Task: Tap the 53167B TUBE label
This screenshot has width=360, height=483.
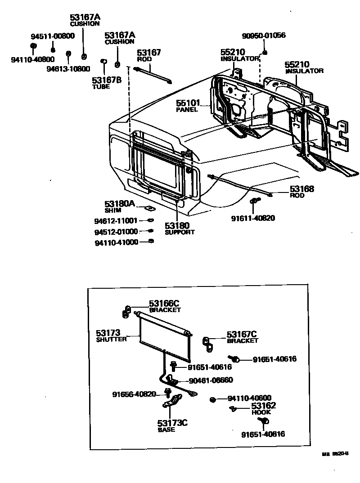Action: click(106, 83)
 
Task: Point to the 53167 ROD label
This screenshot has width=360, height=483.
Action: click(149, 56)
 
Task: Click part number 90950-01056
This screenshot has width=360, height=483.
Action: click(264, 36)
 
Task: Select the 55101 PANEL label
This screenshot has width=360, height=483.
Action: click(188, 106)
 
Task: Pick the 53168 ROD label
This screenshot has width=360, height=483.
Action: click(301, 192)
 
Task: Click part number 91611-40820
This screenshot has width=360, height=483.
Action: click(253, 219)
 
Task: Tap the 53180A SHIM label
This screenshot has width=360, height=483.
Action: click(119, 206)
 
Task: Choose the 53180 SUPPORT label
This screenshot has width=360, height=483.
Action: click(178, 228)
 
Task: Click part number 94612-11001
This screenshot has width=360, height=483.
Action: click(116, 221)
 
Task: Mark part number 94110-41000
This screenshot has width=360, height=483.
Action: click(116, 242)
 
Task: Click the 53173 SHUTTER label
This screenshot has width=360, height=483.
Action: click(111, 335)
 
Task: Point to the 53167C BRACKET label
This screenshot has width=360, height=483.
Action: click(242, 337)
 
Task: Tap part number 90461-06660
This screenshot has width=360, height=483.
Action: click(211, 380)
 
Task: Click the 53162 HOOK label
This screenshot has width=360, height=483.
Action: click(264, 409)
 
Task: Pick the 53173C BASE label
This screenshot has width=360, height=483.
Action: click(172, 426)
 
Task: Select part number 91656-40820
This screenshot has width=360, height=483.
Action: click(134, 394)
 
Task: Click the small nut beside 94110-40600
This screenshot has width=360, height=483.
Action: click(212, 399)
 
